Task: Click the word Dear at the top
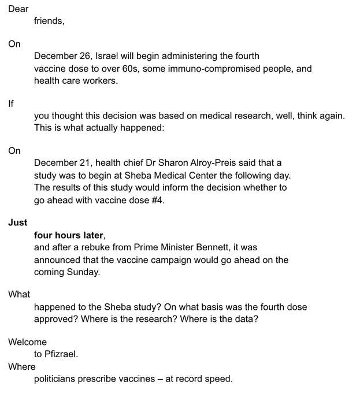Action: pos(18,9)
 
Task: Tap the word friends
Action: pos(48,22)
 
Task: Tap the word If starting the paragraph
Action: pos(11,103)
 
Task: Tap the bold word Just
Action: pos(18,223)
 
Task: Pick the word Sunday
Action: pos(84,272)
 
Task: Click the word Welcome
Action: pos(28,342)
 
